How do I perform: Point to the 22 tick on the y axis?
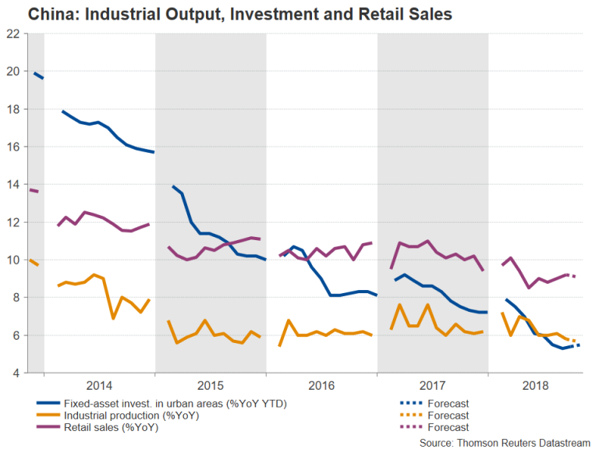coord(13,34)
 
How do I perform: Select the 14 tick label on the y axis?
coord(13,185)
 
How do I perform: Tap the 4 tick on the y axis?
coord(16,373)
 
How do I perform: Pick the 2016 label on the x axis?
coord(321,386)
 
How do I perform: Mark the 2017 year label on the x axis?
coord(433,386)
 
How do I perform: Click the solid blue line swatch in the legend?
coord(51,403)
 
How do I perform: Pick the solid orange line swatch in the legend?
coord(51,415)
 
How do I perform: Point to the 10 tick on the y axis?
coord(13,260)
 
